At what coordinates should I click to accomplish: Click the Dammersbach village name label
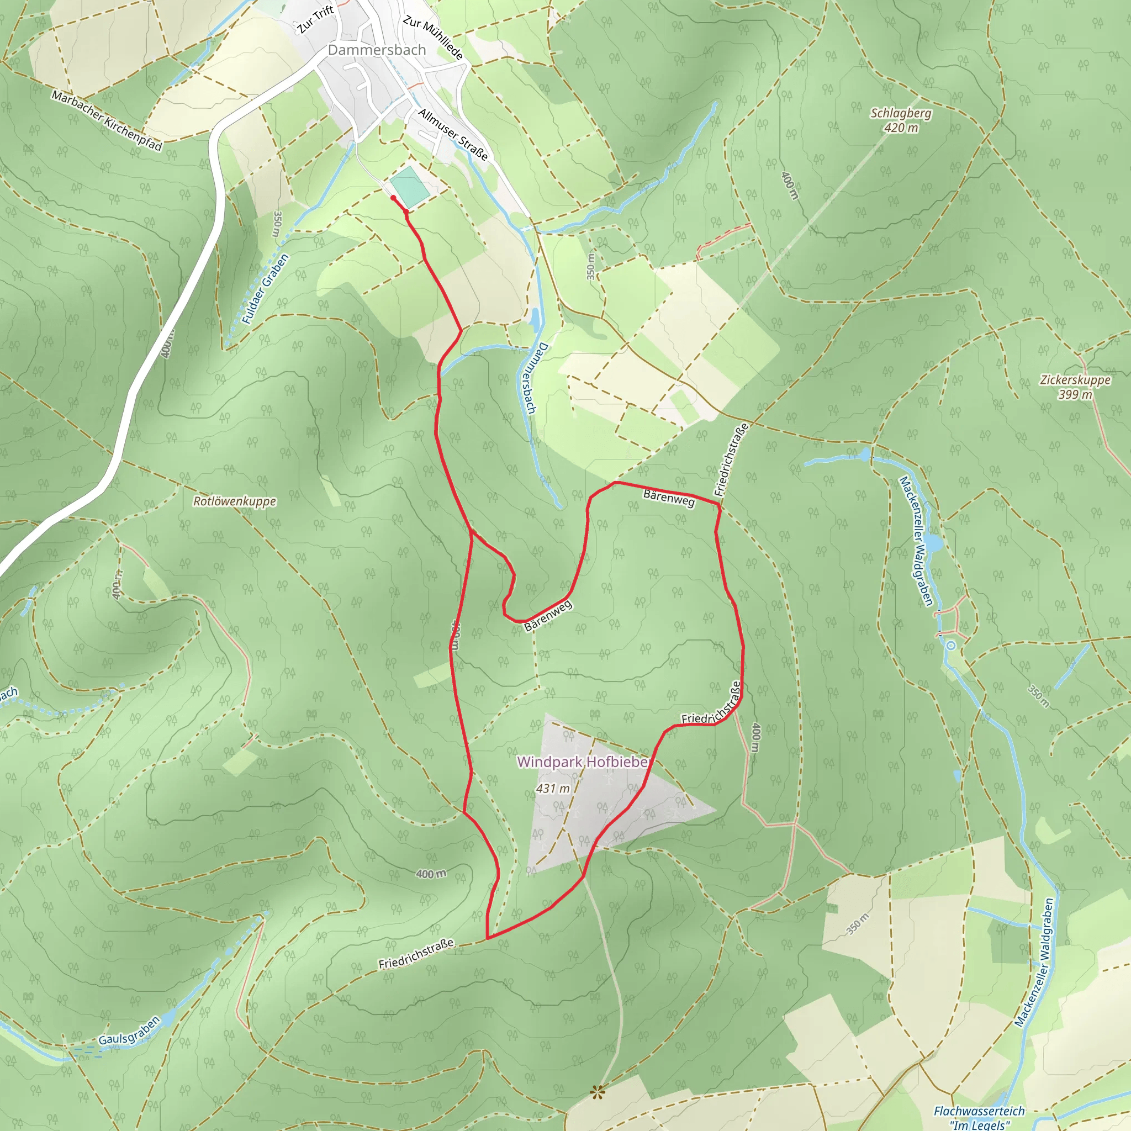(x=377, y=50)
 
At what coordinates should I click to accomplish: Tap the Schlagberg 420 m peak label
(x=900, y=120)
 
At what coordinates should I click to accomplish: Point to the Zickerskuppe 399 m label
(x=1075, y=387)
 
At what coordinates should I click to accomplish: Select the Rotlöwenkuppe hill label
(x=234, y=501)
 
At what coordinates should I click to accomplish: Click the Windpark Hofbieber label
(x=583, y=762)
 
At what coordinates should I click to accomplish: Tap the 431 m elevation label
(x=553, y=789)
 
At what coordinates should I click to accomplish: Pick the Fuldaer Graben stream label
(x=265, y=289)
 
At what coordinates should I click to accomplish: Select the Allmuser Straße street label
(x=453, y=134)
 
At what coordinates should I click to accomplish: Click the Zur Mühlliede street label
(x=433, y=38)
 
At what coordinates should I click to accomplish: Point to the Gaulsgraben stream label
(x=129, y=1031)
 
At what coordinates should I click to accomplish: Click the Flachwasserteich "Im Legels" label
(x=979, y=1117)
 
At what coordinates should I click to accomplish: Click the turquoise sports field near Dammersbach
(x=410, y=186)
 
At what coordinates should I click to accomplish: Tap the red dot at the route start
(x=393, y=198)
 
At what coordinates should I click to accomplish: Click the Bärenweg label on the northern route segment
(x=669, y=499)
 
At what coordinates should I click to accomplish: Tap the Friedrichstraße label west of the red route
(x=416, y=954)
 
